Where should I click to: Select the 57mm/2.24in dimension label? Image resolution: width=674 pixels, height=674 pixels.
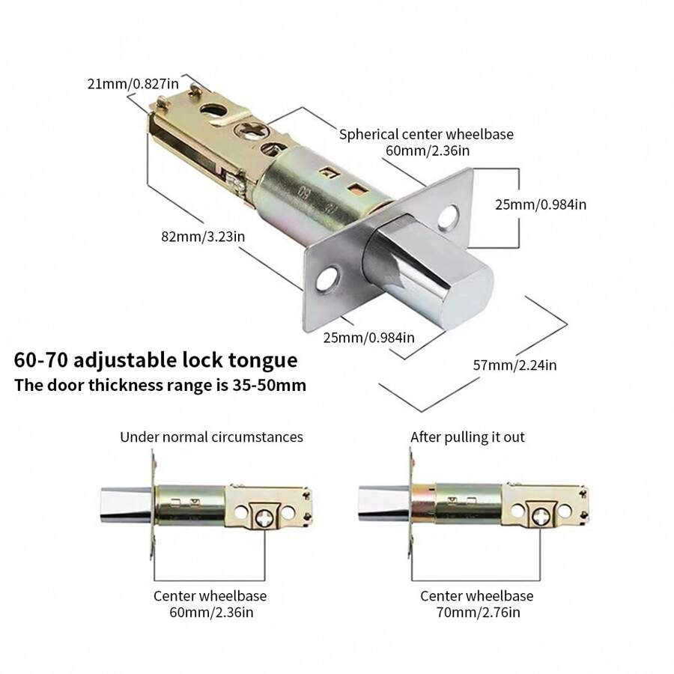pos(514,365)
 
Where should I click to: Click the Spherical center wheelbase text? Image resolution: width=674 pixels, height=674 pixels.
pos(427,135)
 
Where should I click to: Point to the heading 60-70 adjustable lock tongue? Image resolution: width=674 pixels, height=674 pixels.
pos(156,360)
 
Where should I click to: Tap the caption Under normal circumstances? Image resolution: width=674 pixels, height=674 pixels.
pos(212,437)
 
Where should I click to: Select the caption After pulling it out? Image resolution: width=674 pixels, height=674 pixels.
pos(467,437)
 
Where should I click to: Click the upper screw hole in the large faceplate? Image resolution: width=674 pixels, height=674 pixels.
pos(449,216)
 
